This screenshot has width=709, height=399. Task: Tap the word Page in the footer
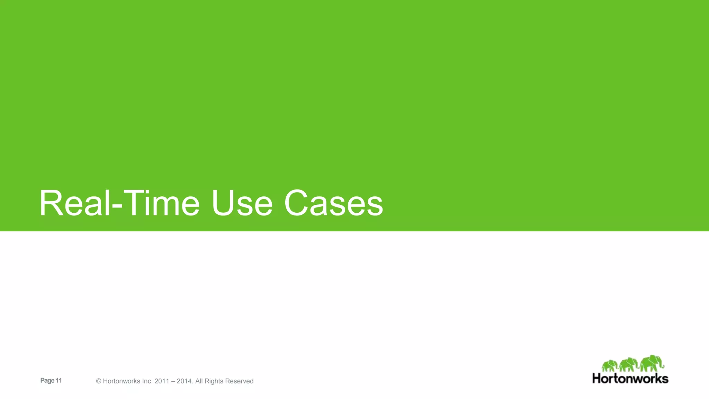click(47, 381)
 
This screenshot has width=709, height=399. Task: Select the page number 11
click(59, 380)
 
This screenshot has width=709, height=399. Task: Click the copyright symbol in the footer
click(99, 381)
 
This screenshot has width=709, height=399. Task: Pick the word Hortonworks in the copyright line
click(122, 381)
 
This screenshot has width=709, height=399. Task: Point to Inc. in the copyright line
click(147, 381)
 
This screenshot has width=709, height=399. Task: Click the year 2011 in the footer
click(162, 381)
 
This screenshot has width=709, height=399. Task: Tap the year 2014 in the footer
click(184, 381)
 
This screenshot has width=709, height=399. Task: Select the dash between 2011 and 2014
click(173, 381)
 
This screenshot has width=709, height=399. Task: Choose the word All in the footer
click(199, 381)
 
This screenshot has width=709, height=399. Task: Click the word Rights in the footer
click(214, 381)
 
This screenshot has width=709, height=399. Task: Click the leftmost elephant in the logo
click(610, 366)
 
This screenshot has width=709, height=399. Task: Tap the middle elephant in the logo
click(629, 365)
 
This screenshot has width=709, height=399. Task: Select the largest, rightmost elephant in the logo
click(652, 363)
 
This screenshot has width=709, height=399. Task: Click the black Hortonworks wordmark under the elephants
click(630, 378)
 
